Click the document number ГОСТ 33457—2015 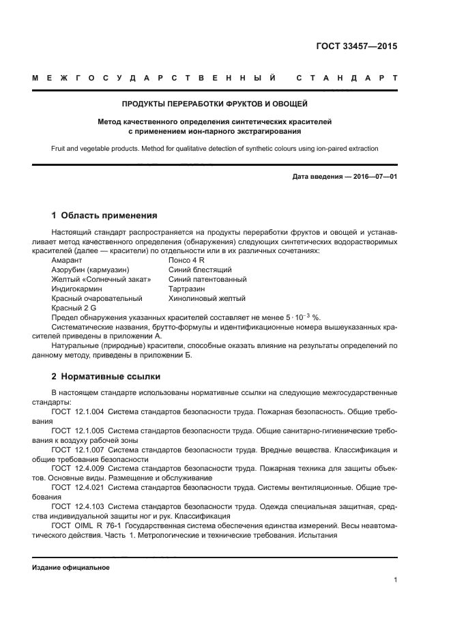357,47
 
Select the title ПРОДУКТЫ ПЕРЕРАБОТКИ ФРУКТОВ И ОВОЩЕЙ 215,104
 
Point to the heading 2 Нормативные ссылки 106,376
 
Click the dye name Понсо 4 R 186,261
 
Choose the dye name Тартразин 186,289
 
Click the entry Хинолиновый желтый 207,299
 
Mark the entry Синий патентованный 207,280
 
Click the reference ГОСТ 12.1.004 78,413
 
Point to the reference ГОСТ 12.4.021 78,488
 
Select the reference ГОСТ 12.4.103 78,507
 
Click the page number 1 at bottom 395,580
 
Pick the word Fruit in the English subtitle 59,148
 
